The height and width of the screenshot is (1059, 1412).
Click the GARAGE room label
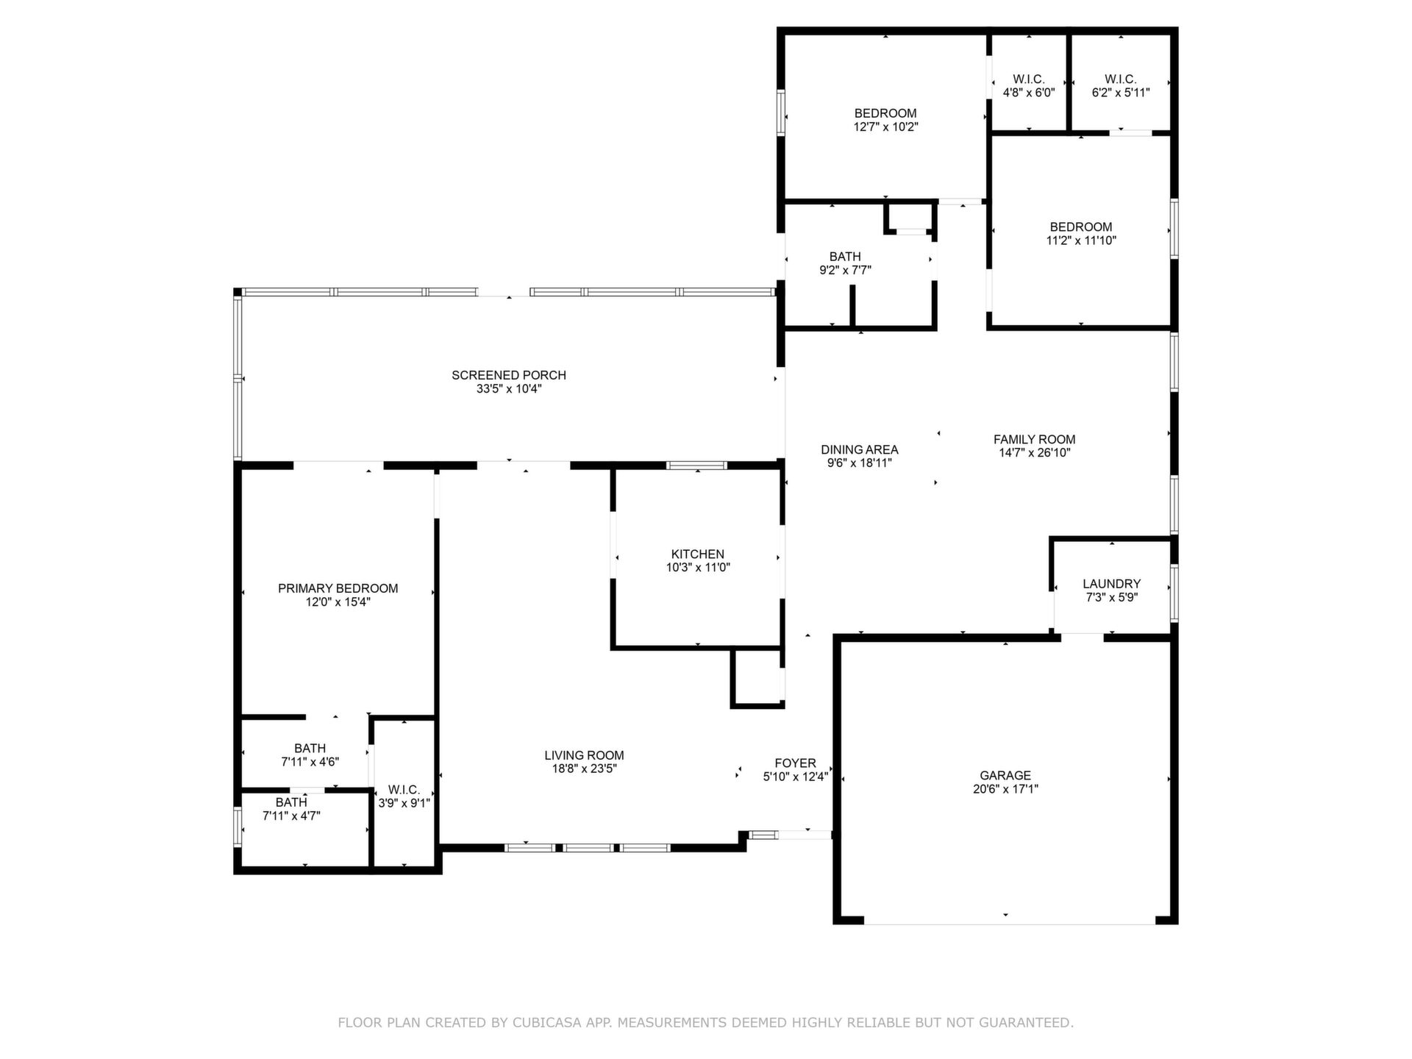pos(1005,775)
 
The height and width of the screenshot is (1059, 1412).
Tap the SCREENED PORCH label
pos(509,375)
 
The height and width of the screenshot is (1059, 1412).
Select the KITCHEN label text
pos(697,554)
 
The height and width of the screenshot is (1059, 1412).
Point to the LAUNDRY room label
pos(1111,584)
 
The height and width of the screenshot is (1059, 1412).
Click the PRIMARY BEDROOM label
pos(338,588)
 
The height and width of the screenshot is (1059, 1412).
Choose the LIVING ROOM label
pos(584,755)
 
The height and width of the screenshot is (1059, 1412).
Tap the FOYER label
pos(795,763)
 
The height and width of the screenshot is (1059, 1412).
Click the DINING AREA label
pos(860,449)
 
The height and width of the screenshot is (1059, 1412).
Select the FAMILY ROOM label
pos(1034,440)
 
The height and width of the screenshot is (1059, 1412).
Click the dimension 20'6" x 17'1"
pos(1005,789)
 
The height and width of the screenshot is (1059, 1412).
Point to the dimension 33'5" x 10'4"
pos(509,389)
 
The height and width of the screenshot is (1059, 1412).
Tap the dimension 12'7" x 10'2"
pos(885,126)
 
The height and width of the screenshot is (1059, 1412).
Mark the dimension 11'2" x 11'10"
pos(1081,240)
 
